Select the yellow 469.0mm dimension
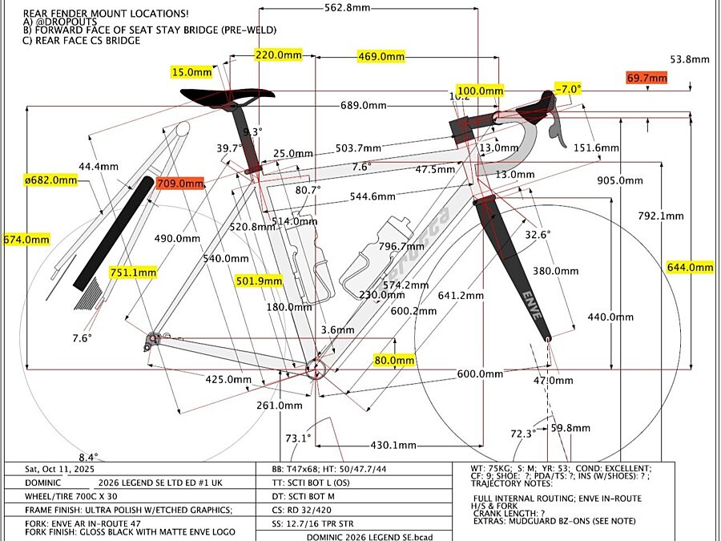pyautogui.click(x=380, y=57)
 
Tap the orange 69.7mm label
pyautogui.click(x=646, y=78)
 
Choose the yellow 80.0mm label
pyautogui.click(x=394, y=361)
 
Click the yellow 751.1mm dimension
pyautogui.click(x=133, y=273)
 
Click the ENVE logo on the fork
pyautogui.click(x=532, y=302)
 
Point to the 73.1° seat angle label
pyautogui.click(x=298, y=438)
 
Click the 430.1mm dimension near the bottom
pyautogui.click(x=394, y=446)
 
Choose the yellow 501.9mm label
pyautogui.click(x=259, y=281)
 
